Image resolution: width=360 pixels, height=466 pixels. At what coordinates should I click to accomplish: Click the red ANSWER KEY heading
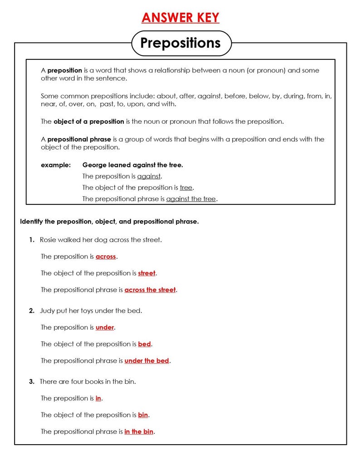pyautogui.click(x=180, y=18)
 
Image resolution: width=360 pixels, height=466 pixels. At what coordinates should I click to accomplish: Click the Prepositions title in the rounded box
pyautogui.click(x=180, y=43)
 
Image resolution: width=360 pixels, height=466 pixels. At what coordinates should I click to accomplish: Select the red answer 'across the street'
pyautogui.click(x=150, y=290)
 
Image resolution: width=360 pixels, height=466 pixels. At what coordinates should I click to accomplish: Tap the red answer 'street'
pyautogui.click(x=146, y=273)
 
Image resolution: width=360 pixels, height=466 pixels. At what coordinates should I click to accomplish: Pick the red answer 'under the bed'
pyautogui.click(x=146, y=361)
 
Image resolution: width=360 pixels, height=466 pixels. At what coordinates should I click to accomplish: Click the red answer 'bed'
pyautogui.click(x=144, y=344)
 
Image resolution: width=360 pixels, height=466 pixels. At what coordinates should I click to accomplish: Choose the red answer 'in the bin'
pyautogui.click(x=139, y=432)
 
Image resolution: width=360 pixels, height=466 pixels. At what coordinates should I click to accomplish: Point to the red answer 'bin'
pyautogui.click(x=143, y=415)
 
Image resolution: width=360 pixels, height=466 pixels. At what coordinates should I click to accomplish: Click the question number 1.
pyautogui.click(x=31, y=240)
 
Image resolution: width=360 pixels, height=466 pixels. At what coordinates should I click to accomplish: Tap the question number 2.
pyautogui.click(x=31, y=311)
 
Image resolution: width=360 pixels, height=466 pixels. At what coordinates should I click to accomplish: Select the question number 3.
pyautogui.click(x=31, y=382)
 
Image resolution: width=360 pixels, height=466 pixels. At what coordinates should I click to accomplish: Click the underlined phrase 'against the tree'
pyautogui.click(x=191, y=199)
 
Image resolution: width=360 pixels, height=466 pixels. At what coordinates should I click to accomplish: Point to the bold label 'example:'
pyautogui.click(x=56, y=165)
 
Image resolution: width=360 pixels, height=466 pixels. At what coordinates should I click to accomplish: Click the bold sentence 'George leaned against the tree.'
pyautogui.click(x=132, y=165)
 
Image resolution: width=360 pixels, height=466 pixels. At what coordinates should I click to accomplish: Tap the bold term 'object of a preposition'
pyautogui.click(x=88, y=121)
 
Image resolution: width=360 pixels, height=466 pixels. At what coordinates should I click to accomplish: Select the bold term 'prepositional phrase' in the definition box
pyautogui.click(x=79, y=139)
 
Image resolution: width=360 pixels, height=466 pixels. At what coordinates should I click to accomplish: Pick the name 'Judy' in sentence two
pyautogui.click(x=48, y=311)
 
